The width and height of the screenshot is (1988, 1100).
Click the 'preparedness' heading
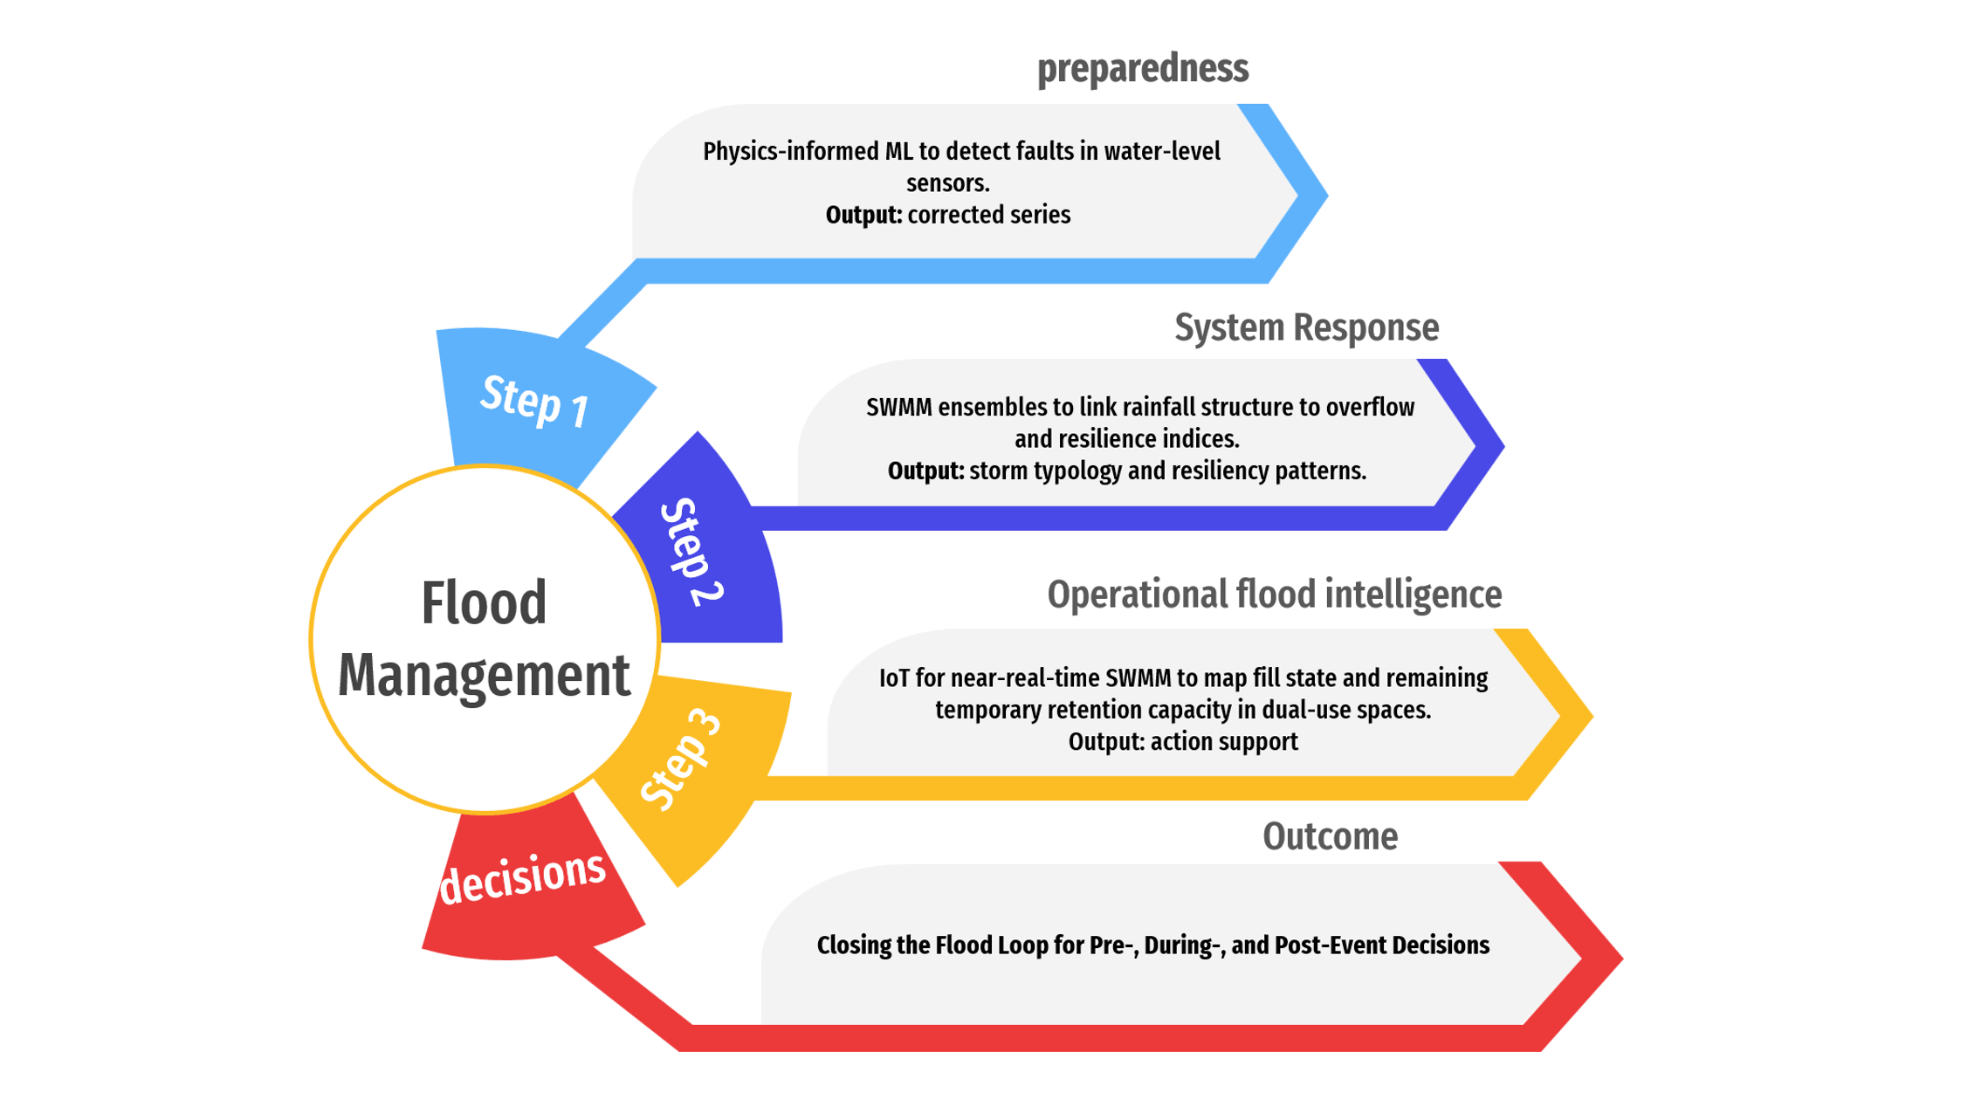(x=1142, y=68)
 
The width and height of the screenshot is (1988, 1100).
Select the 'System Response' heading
(x=1306, y=327)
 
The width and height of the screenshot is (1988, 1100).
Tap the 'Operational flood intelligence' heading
(x=1274, y=594)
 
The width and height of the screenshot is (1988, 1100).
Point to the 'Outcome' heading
(x=1330, y=835)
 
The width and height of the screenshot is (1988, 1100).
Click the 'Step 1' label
(x=534, y=401)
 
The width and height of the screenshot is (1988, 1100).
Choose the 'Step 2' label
(x=691, y=552)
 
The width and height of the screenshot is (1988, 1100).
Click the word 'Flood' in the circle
(x=484, y=602)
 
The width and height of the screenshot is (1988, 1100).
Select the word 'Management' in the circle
(x=484, y=674)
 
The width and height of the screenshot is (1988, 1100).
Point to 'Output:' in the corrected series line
(x=863, y=215)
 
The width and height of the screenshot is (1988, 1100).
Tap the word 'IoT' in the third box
(x=894, y=677)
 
